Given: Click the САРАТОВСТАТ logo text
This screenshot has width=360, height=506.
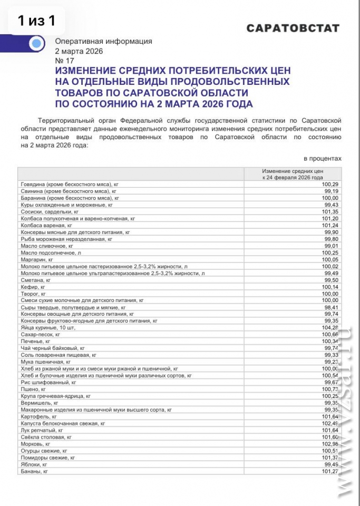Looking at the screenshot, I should click(293, 28).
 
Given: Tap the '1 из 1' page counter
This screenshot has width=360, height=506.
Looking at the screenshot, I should click(36, 21).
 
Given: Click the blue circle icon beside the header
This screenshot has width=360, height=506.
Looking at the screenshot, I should click(36, 44).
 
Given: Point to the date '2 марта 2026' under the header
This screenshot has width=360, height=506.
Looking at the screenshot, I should click(79, 51).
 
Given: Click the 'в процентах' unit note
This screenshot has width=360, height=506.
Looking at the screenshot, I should click(323, 158).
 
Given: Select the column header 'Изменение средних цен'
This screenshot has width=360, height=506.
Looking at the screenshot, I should click(293, 172).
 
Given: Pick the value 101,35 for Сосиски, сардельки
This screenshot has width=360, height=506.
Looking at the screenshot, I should click(329, 211).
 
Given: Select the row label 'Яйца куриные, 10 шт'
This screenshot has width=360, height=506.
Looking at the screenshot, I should click(48, 327).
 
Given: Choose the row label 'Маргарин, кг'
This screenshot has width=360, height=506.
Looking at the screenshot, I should click(37, 259).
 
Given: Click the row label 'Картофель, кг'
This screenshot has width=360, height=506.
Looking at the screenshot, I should click(38, 416).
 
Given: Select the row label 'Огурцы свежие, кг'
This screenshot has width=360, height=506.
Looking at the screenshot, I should click(44, 451).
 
